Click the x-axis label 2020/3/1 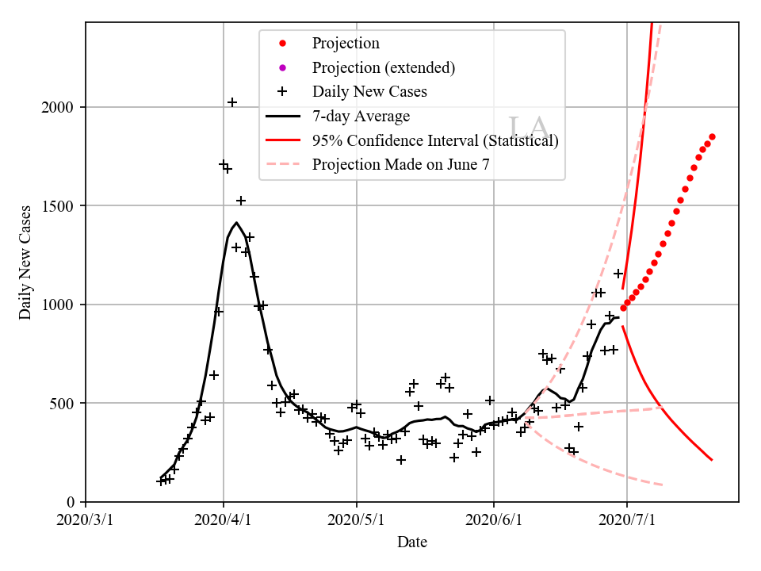click(86, 521)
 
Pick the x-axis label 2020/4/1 click(223, 521)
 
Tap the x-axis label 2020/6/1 click(494, 521)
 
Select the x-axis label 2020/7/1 click(627, 521)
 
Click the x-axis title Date click(412, 542)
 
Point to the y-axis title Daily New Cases click(25, 262)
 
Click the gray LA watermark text click(527, 128)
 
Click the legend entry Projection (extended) click(384, 67)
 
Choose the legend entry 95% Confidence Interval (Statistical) click(435, 140)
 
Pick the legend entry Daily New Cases click(369, 92)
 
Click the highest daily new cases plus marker click(232, 102)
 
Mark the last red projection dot click(712, 136)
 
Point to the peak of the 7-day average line click(236, 223)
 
